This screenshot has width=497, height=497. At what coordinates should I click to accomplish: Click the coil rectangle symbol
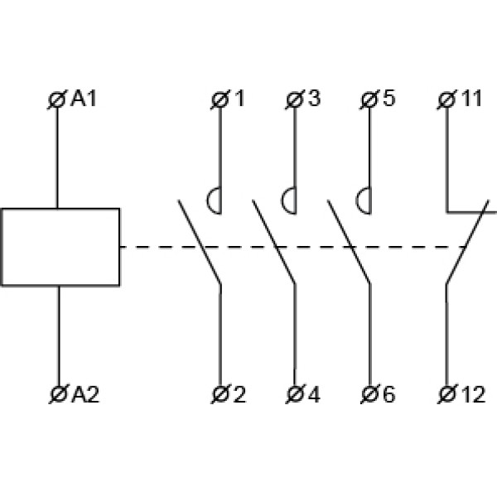pos(60,247)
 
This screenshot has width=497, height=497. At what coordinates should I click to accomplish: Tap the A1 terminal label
pos(84,99)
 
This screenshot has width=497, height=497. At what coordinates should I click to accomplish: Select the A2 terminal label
pos(85,394)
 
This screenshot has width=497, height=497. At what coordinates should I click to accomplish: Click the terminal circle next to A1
pos(57,100)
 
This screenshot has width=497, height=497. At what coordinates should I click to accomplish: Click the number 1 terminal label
pos(239,99)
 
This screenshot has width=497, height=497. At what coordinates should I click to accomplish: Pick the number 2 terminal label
pos(239,394)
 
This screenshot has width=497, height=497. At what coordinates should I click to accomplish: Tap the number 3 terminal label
pos(314,99)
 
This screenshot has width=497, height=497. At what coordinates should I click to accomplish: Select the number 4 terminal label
pos(314,394)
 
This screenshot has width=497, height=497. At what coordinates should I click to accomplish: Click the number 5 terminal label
pos(388,99)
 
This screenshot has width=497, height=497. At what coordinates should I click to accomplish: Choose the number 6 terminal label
pos(388,394)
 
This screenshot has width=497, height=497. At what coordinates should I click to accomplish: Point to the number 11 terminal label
pos(470,99)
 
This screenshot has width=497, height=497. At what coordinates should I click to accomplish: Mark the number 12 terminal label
pos(470,394)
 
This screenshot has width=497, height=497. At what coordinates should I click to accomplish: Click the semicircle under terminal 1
pos(214,200)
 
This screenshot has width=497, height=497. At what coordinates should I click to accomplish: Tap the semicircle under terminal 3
pos(288,200)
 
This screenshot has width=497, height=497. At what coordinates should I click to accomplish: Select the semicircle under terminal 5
pos(363,200)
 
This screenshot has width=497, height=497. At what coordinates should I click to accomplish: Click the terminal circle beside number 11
pos(446,100)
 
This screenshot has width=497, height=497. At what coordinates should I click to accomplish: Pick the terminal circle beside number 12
pos(446,394)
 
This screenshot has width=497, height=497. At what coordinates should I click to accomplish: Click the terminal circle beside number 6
pos(370,394)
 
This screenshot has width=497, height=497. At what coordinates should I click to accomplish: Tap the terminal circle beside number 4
pos(296,394)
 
